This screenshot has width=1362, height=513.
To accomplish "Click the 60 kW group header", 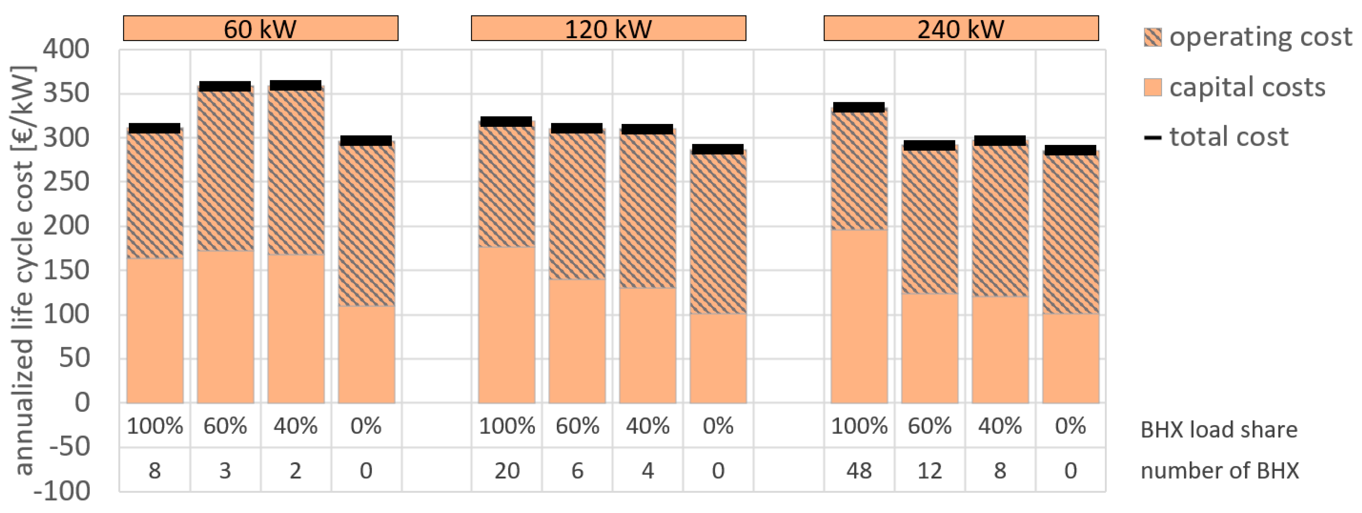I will point(260,29).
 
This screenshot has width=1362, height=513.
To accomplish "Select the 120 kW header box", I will point(608,29).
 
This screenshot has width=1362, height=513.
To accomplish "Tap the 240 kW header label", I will point(961,29).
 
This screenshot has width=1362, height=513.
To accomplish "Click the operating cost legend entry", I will point(1248,37).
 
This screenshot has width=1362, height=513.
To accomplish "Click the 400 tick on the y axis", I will point(66,50).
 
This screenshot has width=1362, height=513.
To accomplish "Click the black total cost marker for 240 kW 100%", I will point(859,107).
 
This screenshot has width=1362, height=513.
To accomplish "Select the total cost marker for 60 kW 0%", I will point(366,140).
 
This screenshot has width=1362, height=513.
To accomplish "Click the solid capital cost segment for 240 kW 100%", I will point(859,317).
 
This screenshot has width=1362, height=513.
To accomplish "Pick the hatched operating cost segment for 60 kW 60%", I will point(226,169).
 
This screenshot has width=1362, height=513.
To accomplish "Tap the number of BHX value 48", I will point(859,470).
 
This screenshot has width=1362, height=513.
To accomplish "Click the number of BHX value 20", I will point(507,470).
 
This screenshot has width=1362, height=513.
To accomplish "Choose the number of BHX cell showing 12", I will point(930,470).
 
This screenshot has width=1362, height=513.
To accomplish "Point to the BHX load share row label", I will point(1219,430).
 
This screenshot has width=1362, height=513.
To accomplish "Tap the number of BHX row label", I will point(1219,470).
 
